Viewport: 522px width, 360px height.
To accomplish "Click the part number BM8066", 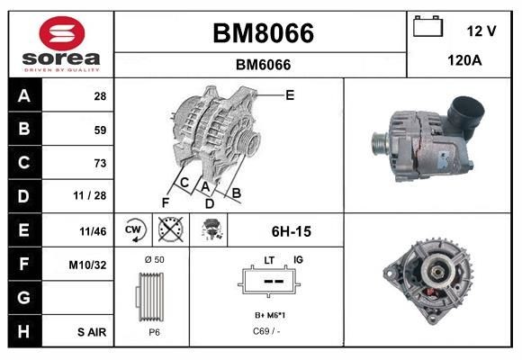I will pyautogui.click(x=262, y=33).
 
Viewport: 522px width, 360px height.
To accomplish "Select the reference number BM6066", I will pyautogui.click(x=262, y=65).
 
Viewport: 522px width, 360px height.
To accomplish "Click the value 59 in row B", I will pyautogui.click(x=99, y=130).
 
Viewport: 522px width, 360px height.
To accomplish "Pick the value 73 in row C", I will pyautogui.click(x=99, y=163).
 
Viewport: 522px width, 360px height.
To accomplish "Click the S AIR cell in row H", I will pyautogui.click(x=92, y=332).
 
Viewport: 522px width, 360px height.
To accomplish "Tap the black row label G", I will pyautogui.click(x=24, y=298).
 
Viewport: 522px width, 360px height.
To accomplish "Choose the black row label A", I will pyautogui.click(x=24, y=95).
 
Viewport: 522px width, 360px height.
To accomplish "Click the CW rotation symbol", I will pyautogui.click(x=134, y=230).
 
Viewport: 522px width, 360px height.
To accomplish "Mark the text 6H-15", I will pyautogui.click(x=291, y=231).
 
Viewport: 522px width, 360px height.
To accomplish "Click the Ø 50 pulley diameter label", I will pyautogui.click(x=154, y=259).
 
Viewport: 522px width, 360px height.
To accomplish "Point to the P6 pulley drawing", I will pyautogui.click(x=151, y=298).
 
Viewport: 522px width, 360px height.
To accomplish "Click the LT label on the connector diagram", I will pyautogui.click(x=268, y=260).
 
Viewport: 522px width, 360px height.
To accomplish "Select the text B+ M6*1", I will pyautogui.click(x=270, y=316).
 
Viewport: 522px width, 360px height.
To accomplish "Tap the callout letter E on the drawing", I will pyautogui.click(x=290, y=94).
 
